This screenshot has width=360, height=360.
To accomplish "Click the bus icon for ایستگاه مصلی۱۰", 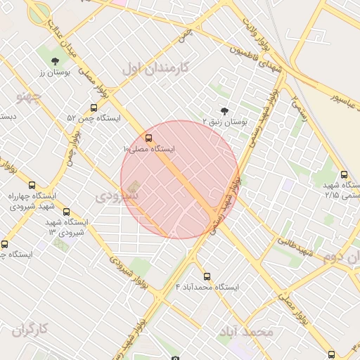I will [x=148, y=138].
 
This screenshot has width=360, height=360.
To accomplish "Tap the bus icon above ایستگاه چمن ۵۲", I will [x=94, y=108].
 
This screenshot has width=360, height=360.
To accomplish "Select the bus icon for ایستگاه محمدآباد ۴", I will [x=207, y=276].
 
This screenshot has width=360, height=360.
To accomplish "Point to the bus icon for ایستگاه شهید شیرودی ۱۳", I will [x=66, y=212].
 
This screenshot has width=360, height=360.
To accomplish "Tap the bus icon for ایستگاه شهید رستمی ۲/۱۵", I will [x=344, y=174].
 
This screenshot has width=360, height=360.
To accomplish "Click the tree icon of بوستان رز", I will [x=55, y=61].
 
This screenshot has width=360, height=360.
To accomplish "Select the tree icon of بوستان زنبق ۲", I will [x=224, y=110].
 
